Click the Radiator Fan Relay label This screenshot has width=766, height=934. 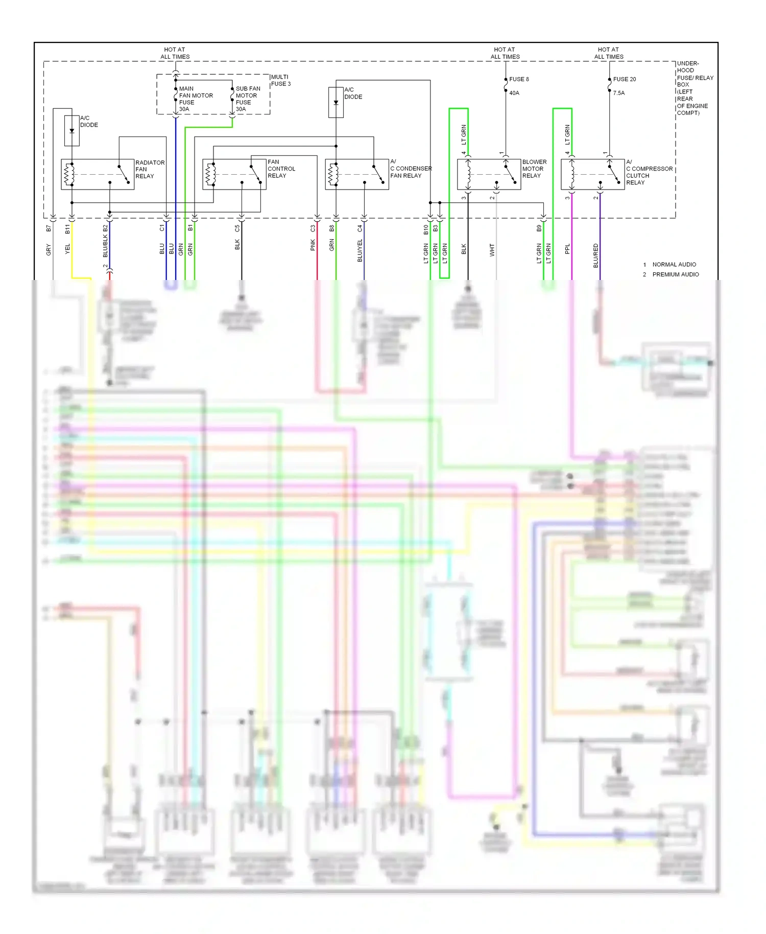150,169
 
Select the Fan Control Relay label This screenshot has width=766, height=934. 281,169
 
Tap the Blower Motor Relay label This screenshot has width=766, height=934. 534,169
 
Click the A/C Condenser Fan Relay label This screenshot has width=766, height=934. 411,169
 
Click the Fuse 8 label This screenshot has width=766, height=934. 519,79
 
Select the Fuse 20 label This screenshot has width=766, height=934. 624,79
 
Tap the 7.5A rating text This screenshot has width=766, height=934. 618,93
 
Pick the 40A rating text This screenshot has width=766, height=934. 514,93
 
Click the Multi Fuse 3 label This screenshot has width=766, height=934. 280,80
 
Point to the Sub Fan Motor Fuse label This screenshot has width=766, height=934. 248,99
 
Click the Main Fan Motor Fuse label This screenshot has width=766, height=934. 196,99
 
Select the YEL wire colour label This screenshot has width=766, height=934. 67,249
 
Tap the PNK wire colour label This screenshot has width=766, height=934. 313,245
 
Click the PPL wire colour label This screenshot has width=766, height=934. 567,249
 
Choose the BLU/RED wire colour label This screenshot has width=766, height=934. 596,255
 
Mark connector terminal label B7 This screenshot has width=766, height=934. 49,228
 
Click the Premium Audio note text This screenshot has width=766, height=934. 675,274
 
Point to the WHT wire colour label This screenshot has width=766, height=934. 492,250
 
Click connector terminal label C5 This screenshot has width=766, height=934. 237,228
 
